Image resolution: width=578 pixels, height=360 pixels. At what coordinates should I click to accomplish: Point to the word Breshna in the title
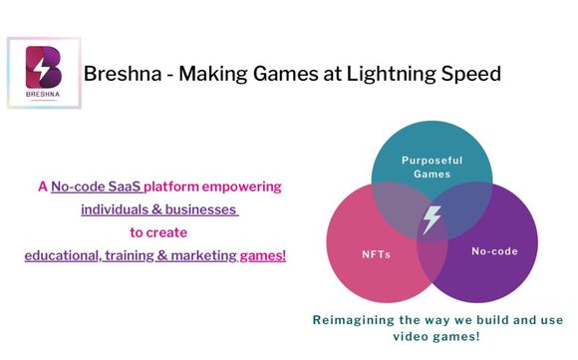coord(120,74)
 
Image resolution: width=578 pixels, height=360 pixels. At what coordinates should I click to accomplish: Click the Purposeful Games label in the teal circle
coord(433,167)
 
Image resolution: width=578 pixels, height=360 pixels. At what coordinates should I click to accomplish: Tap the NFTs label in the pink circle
coord(375,253)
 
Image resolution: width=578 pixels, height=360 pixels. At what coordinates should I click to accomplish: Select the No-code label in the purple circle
coord(494,251)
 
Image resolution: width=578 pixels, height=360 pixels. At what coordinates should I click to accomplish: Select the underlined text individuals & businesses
coord(159,209)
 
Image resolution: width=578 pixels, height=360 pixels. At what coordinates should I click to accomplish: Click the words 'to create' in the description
coord(157,232)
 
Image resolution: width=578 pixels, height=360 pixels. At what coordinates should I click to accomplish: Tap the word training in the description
coord(136,255)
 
